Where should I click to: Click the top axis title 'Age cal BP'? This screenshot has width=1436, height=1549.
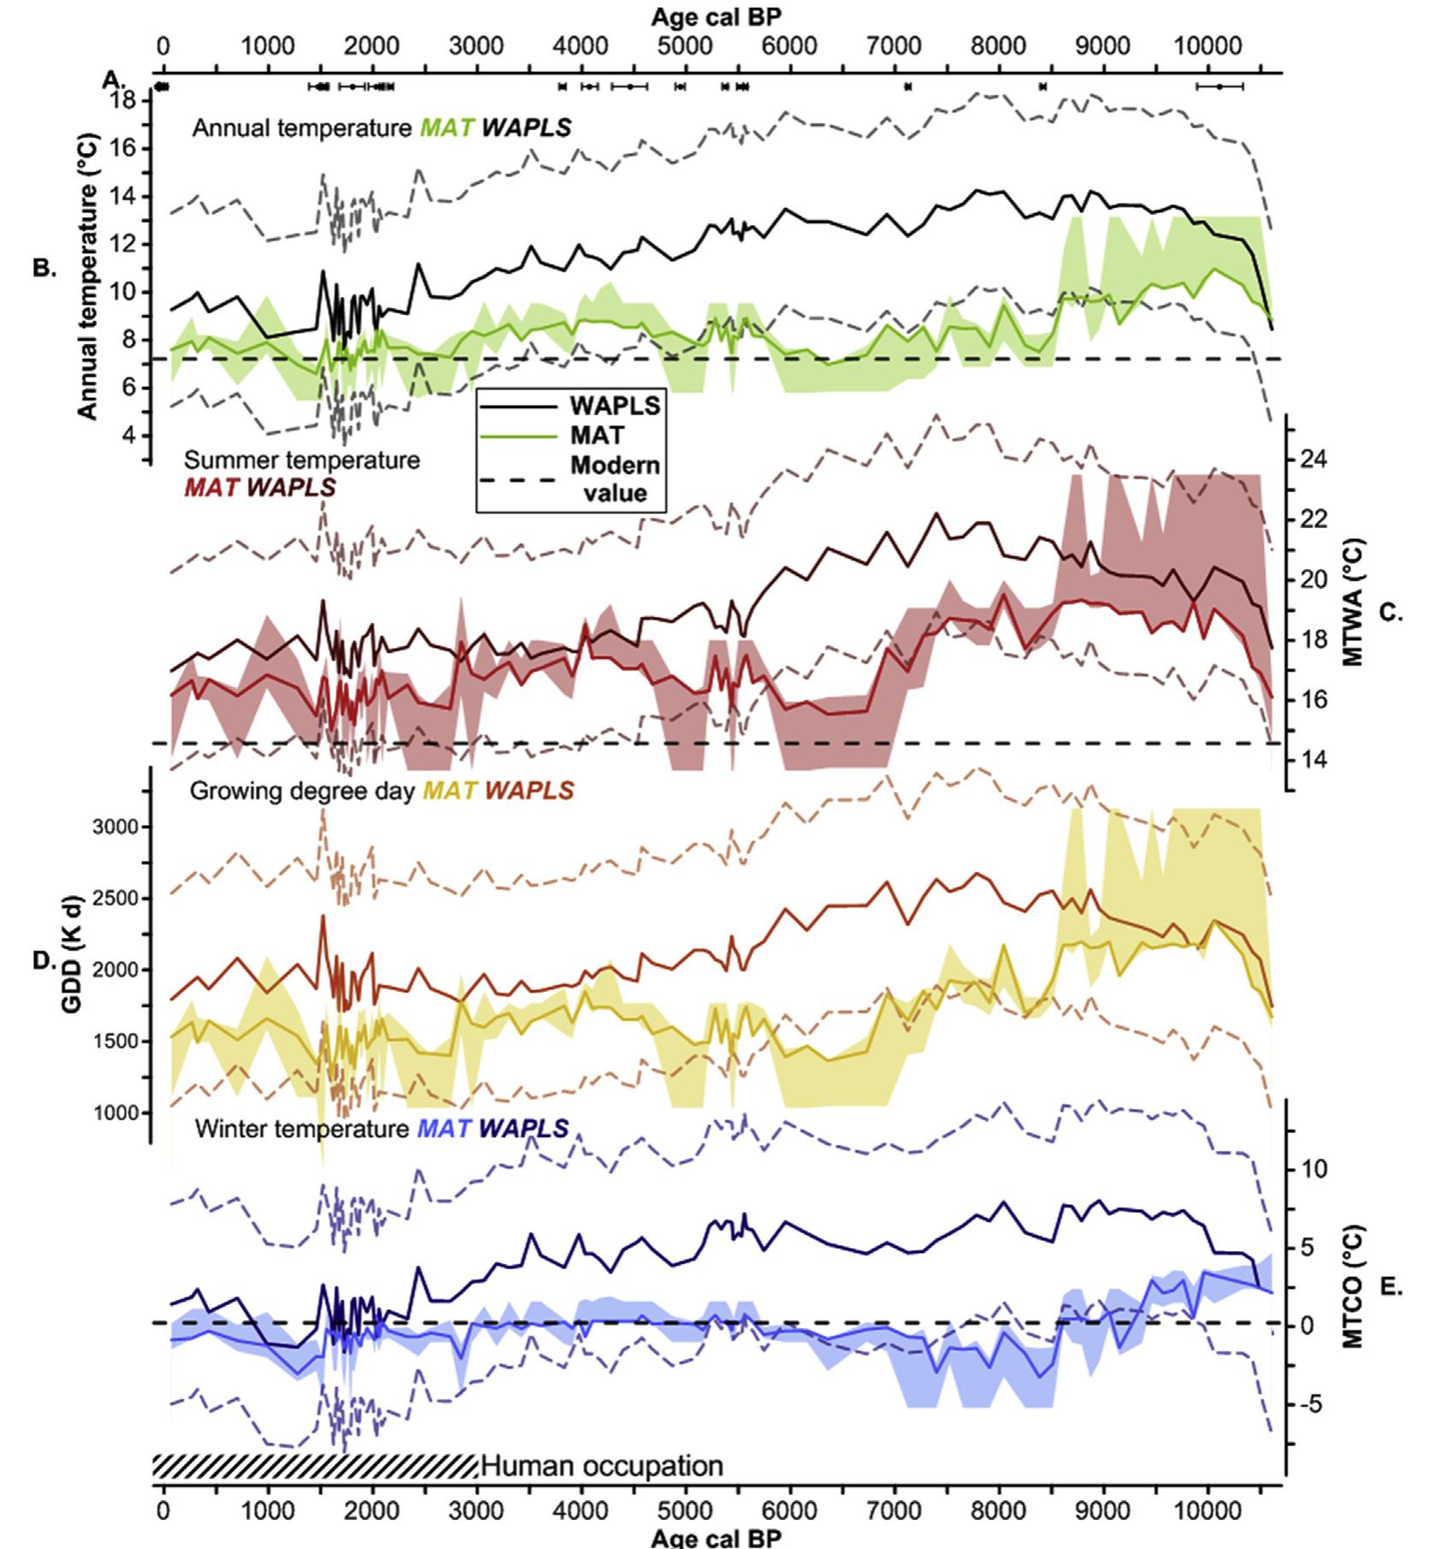[716, 16]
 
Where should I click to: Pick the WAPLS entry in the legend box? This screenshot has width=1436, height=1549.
[615, 405]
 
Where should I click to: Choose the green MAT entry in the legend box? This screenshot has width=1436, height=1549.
[597, 436]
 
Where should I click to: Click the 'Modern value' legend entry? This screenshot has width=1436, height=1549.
[614, 479]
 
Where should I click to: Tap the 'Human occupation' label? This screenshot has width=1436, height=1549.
[602, 1466]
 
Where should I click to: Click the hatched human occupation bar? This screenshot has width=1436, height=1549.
[315, 1466]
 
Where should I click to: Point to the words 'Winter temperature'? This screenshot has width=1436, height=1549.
[301, 1129]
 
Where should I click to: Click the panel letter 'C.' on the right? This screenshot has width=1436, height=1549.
[1391, 613]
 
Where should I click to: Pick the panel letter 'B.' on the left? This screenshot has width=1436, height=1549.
[45, 268]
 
